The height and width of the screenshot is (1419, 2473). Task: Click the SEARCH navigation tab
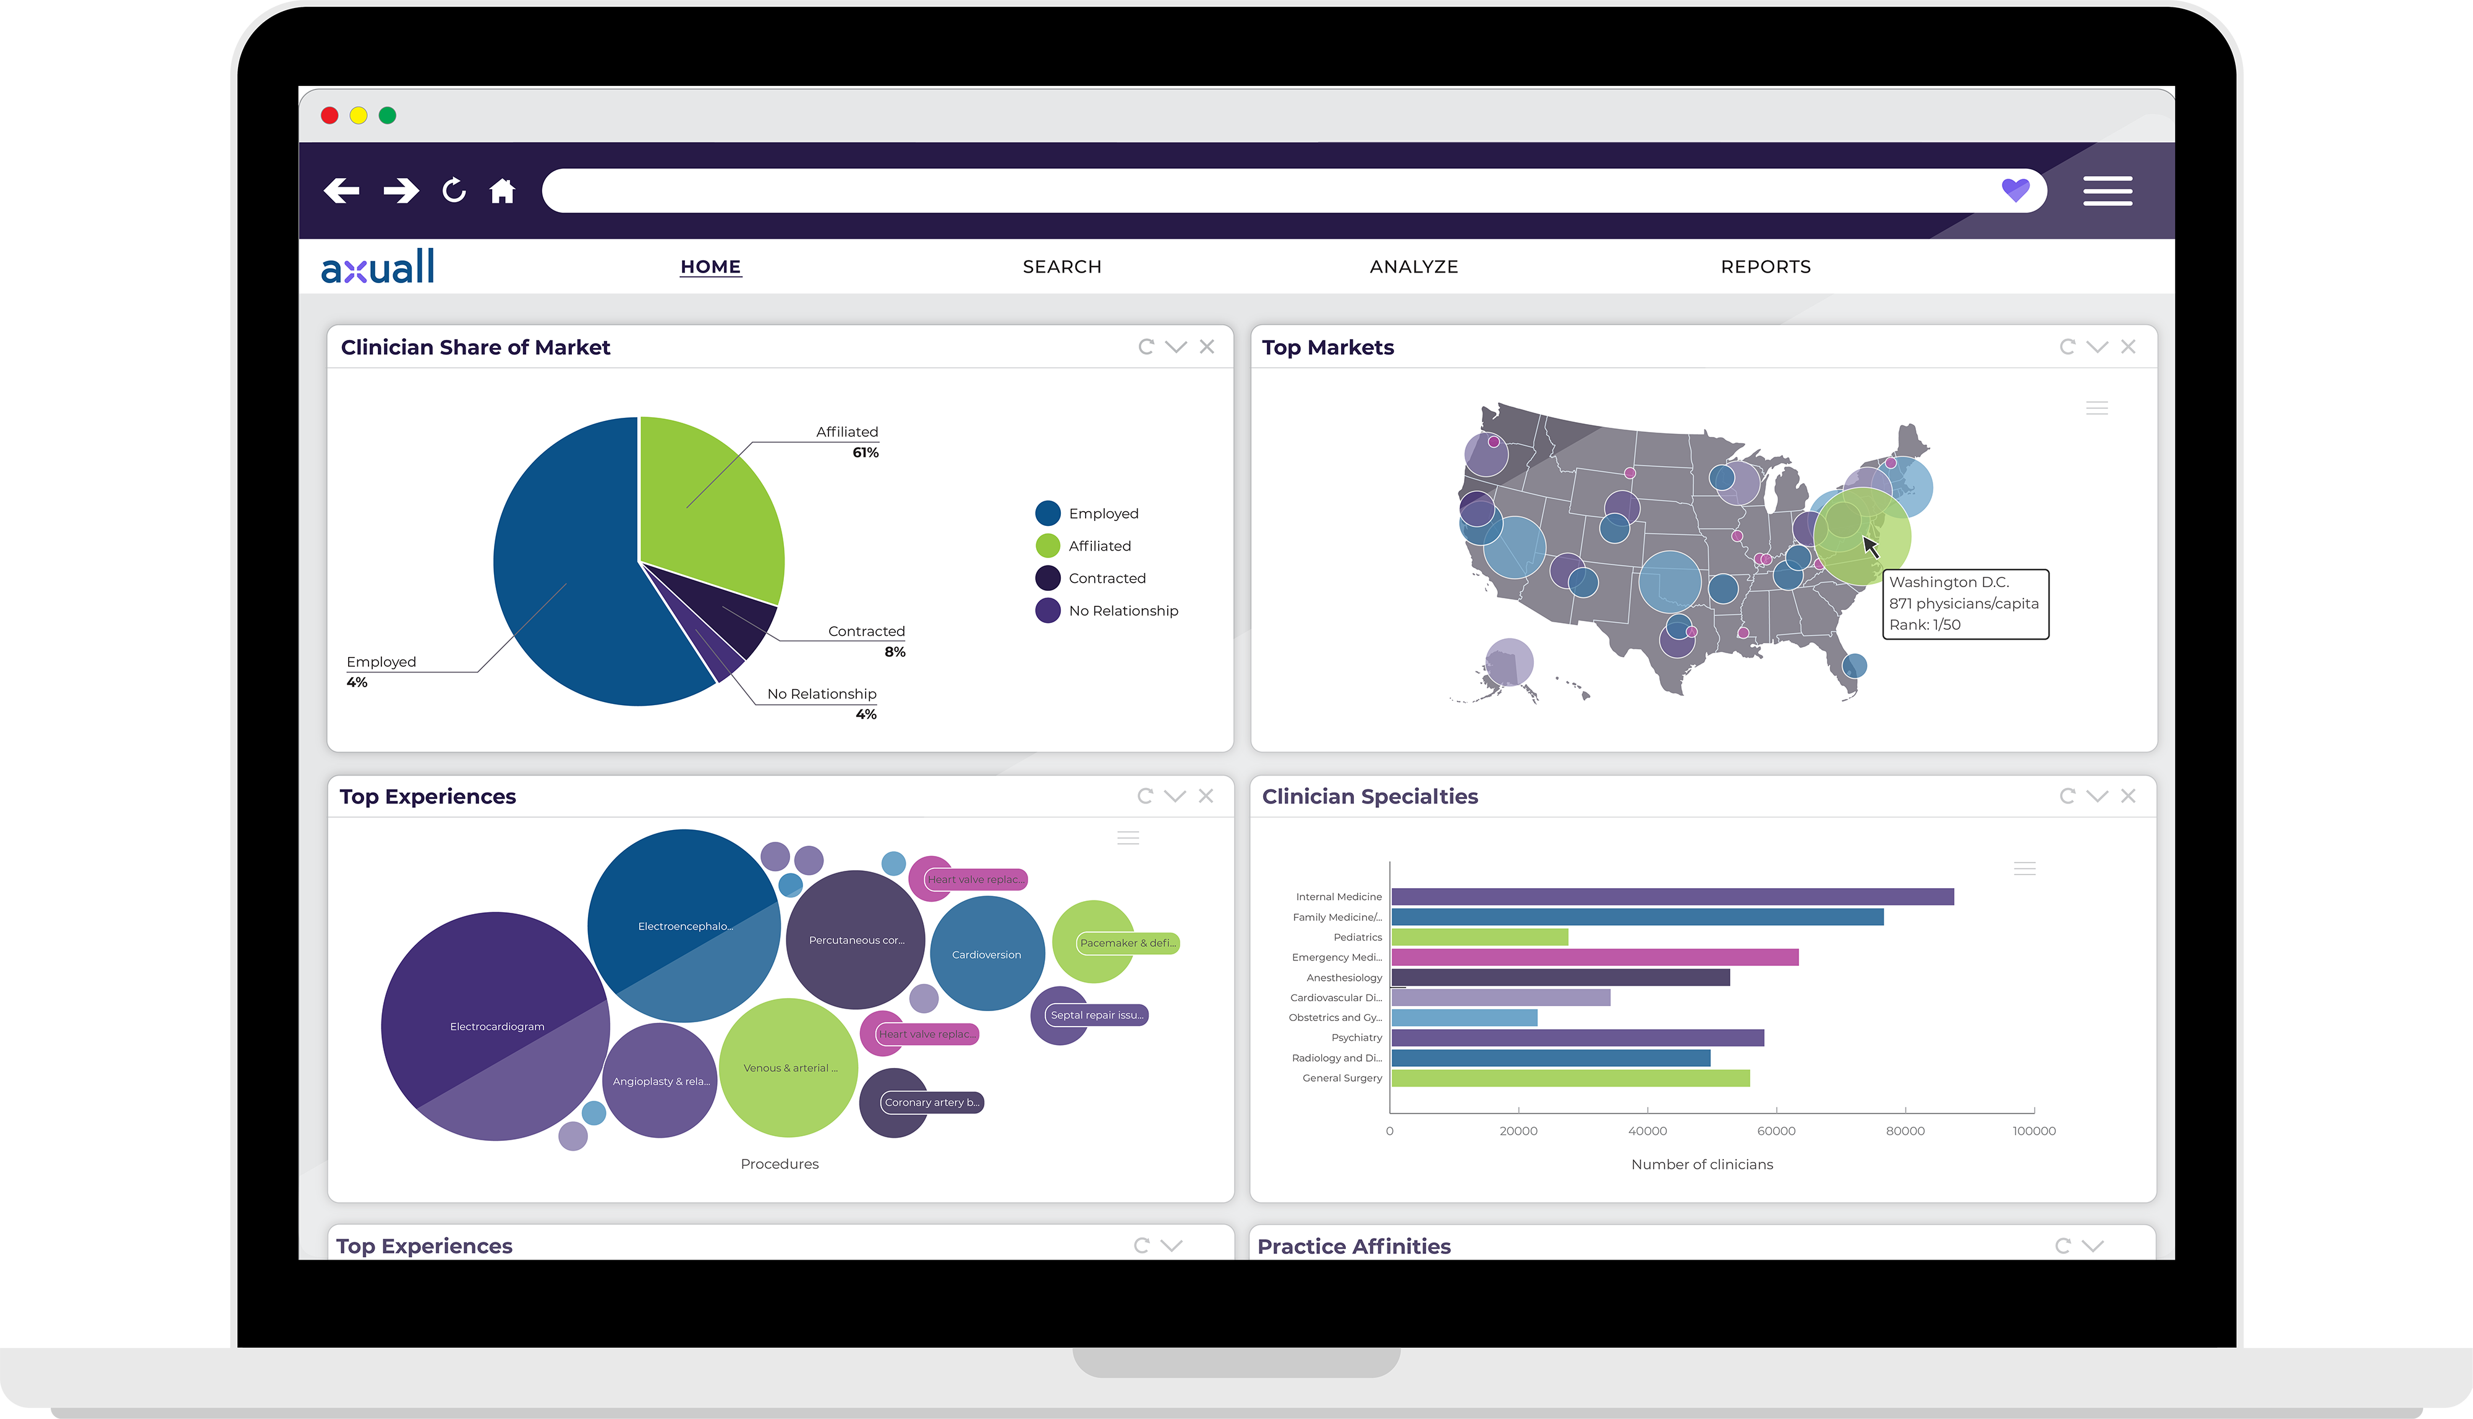[1062, 267]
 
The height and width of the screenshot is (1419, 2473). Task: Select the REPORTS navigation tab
[1765, 267]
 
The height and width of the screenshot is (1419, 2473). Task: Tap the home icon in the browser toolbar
[502, 191]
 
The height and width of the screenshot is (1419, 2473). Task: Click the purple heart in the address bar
[2015, 190]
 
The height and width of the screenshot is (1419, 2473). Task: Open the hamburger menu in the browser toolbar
[2108, 191]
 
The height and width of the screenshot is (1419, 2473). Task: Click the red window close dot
[330, 116]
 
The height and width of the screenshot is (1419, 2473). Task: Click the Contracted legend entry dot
[1048, 578]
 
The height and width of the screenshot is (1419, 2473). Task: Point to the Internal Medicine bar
[1672, 897]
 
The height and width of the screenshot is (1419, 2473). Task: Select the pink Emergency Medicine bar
[1594, 957]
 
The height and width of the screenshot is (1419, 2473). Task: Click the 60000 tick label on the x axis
[1776, 1132]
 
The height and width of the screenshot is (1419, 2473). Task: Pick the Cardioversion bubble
[987, 954]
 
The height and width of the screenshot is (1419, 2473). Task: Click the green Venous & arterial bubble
[788, 1067]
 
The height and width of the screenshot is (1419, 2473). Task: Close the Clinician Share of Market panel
[1207, 347]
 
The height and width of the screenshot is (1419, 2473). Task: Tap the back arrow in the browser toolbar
[341, 191]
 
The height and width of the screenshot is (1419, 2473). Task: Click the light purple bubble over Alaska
[1509, 662]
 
